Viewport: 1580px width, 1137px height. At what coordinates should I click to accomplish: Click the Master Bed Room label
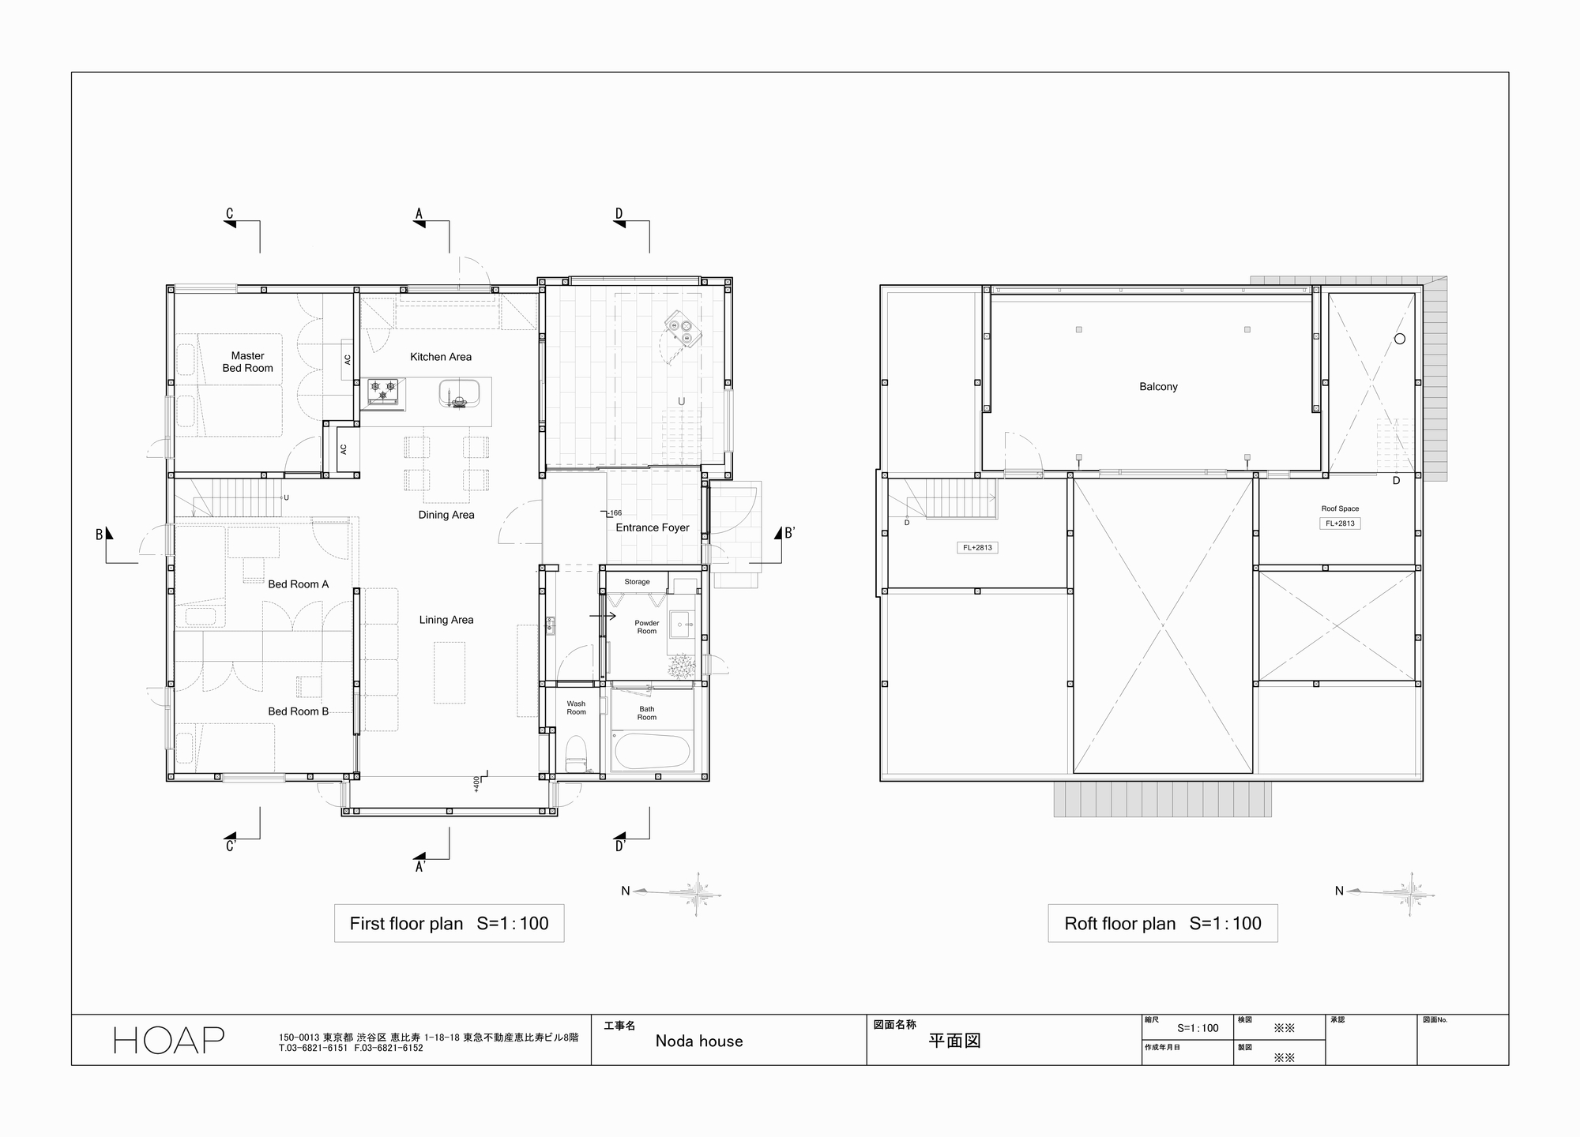point(247,362)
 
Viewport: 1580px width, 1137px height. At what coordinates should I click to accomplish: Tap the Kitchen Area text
point(440,357)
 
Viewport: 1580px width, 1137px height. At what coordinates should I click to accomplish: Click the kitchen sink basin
point(459,392)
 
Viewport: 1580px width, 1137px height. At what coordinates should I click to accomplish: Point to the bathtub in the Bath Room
point(653,751)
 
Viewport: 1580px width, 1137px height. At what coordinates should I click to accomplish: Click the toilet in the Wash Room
point(576,752)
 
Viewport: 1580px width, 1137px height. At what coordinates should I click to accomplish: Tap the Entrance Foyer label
point(653,527)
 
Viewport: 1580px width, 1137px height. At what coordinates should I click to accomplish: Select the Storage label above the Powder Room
point(637,582)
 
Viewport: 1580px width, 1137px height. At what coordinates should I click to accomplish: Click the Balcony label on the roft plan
point(1158,387)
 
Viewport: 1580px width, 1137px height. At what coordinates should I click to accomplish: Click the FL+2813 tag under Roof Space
point(1340,523)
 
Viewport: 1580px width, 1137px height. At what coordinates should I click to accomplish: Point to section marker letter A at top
point(419,214)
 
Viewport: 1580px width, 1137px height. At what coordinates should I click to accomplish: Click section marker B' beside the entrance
point(789,534)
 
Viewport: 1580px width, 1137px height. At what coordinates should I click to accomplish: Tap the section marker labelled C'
point(231,846)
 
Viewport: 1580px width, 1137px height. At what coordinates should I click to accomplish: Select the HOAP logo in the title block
point(169,1040)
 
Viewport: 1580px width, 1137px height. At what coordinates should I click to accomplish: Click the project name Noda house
point(699,1041)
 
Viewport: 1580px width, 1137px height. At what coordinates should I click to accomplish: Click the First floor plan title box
point(449,923)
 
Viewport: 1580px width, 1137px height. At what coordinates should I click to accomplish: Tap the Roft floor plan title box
point(1162,923)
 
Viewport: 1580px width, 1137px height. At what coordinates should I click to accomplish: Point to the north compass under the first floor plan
point(687,893)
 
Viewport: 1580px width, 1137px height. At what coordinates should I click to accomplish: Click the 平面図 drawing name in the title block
point(954,1041)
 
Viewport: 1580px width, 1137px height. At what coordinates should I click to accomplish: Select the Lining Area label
point(446,620)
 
